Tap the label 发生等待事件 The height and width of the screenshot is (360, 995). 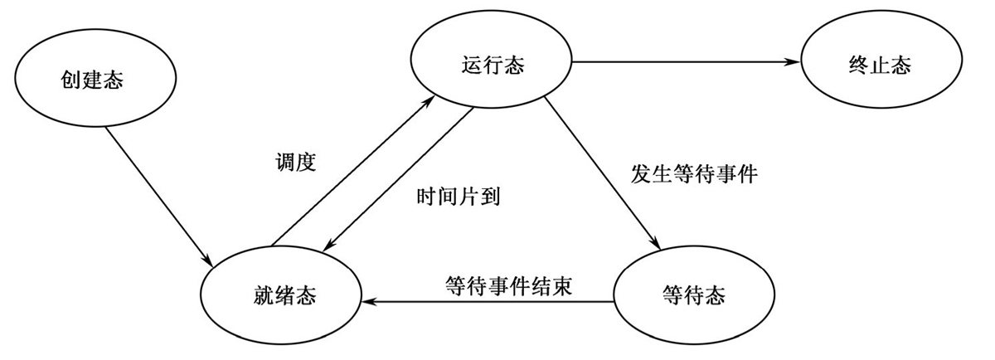point(693,175)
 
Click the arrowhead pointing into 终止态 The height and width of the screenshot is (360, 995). point(792,61)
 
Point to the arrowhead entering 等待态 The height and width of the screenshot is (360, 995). point(658,246)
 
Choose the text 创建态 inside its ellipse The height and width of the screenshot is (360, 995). point(98,80)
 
